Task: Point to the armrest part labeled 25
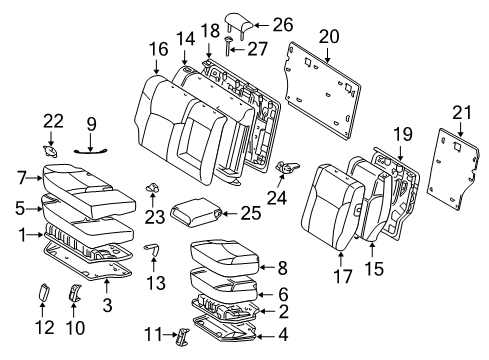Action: (x=193, y=211)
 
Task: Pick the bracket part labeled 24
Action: (x=287, y=168)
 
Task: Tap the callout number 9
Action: (x=91, y=124)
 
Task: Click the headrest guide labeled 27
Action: (x=228, y=43)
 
